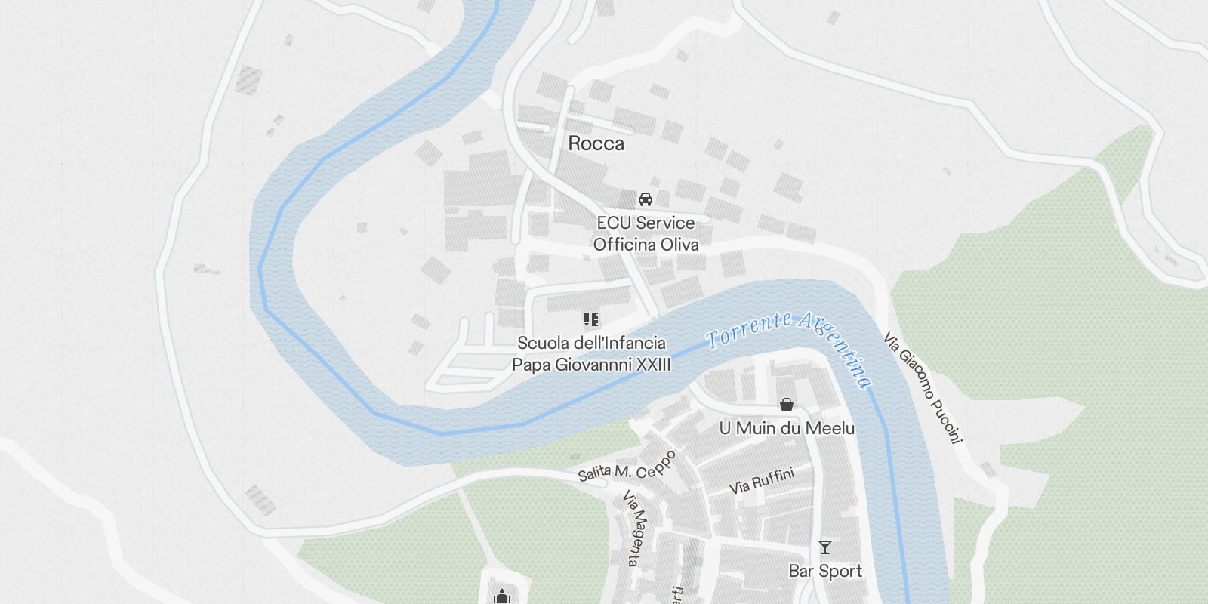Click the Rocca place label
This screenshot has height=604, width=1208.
click(x=596, y=143)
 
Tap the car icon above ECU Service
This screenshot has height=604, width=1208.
click(x=645, y=199)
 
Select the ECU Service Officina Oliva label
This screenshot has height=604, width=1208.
click(x=646, y=233)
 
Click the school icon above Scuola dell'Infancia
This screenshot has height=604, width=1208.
click(x=591, y=319)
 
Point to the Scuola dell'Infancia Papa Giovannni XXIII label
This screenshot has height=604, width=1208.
click(x=591, y=354)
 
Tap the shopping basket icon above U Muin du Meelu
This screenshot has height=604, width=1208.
click(x=787, y=405)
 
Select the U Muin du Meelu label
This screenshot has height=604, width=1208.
click(x=787, y=429)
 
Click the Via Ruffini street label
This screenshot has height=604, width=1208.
click(x=762, y=481)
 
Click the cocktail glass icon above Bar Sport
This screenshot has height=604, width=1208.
click(x=824, y=547)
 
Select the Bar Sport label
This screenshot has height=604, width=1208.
click(x=825, y=571)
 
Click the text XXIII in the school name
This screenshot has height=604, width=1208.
click(x=653, y=365)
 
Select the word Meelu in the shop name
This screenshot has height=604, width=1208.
click(x=830, y=429)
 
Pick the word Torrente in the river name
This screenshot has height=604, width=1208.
click(x=747, y=331)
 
